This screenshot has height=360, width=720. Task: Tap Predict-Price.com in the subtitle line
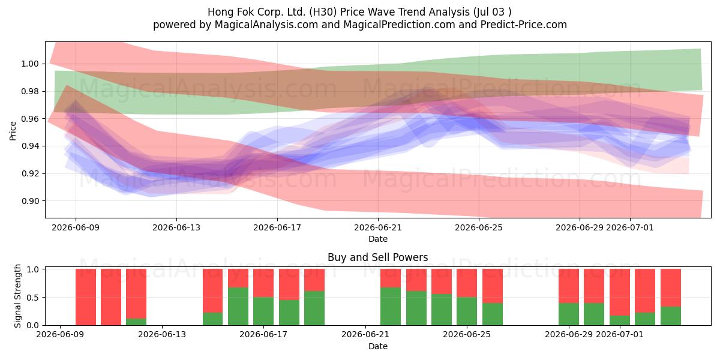click(x=524, y=25)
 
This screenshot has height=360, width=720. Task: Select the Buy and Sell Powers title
click(x=377, y=257)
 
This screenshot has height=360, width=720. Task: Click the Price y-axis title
click(x=13, y=131)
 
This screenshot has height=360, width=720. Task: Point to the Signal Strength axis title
click(x=17, y=296)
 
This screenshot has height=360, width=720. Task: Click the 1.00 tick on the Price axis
click(x=30, y=64)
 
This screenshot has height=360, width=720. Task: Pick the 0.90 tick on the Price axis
click(x=30, y=201)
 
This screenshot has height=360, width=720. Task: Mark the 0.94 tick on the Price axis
click(x=30, y=146)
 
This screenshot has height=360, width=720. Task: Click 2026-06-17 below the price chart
click(x=277, y=227)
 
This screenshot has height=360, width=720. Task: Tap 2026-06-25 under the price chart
click(x=479, y=227)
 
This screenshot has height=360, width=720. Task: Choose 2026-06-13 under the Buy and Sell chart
click(x=162, y=334)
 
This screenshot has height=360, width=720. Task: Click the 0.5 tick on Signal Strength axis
click(x=32, y=298)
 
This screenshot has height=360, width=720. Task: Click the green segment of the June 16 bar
click(x=238, y=306)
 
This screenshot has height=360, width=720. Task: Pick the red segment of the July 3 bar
click(x=671, y=287)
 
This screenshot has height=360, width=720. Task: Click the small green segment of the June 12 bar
click(x=136, y=322)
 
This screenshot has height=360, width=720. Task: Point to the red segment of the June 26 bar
click(x=493, y=286)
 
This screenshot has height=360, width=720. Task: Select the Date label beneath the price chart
click(x=377, y=239)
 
